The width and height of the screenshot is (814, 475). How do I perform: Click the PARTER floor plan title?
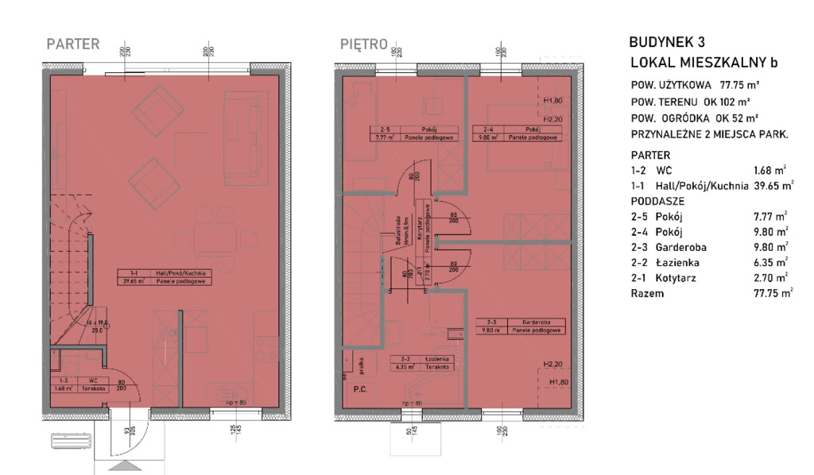coord(73,44)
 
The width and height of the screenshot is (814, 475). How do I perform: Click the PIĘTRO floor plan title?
coord(364,44)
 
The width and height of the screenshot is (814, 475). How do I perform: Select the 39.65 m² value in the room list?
coord(774,186)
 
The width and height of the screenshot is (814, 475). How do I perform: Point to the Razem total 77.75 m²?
coord(773,293)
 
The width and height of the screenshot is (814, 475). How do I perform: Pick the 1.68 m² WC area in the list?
coord(769,171)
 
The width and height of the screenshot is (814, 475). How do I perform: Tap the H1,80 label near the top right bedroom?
coord(553,102)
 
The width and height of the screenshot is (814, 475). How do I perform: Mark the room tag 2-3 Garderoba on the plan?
coord(520,326)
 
